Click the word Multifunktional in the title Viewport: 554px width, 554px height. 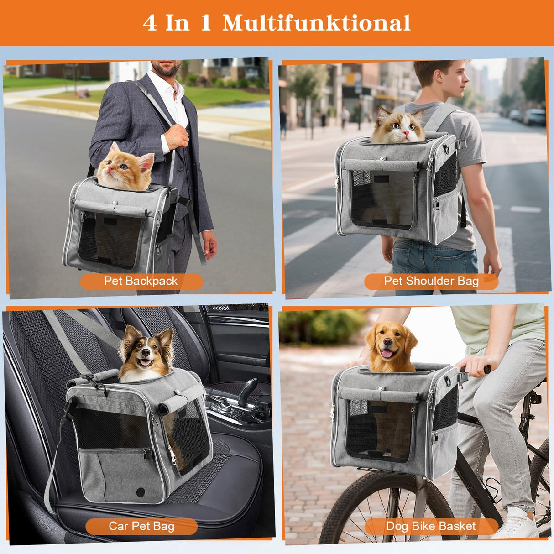316,23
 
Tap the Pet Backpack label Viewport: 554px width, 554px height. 141,281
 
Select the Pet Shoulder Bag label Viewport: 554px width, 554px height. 431,281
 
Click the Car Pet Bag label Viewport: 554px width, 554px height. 141,526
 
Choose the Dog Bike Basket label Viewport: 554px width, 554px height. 431,526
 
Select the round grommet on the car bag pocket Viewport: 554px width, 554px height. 141,492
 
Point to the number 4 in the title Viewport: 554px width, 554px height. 150,23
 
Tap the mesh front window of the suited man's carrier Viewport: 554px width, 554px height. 110,240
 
